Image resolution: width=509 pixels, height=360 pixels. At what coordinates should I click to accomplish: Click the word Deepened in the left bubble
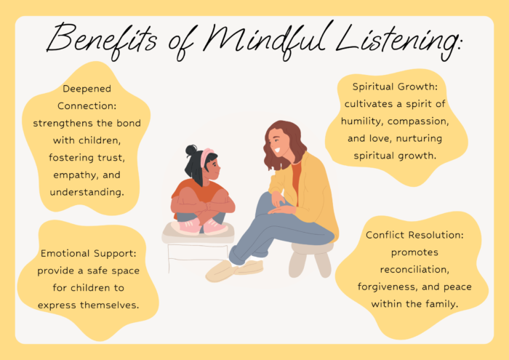(87, 89)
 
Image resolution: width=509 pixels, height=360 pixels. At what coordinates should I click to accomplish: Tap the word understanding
(87, 192)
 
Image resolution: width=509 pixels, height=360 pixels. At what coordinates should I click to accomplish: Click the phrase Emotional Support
(88, 254)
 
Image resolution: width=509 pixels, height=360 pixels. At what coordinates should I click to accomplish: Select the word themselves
(109, 305)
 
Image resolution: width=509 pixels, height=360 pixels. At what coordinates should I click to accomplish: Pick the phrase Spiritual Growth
(395, 87)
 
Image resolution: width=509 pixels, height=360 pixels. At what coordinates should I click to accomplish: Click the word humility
(363, 121)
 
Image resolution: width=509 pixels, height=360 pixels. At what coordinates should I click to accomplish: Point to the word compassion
(418, 121)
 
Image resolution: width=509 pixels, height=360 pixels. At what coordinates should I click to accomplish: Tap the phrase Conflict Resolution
(414, 235)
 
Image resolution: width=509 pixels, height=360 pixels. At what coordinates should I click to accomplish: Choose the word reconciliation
(414, 270)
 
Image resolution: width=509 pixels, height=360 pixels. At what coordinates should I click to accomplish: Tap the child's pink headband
(206, 156)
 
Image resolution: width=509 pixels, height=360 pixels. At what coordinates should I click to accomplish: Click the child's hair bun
(191, 150)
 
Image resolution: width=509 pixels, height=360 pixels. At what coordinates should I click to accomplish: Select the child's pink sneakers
(200, 226)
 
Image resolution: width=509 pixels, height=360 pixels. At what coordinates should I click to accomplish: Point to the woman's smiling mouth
(278, 151)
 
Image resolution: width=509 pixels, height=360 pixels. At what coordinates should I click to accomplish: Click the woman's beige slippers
(234, 270)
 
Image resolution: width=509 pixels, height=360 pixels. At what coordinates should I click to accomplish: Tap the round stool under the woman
(311, 259)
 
